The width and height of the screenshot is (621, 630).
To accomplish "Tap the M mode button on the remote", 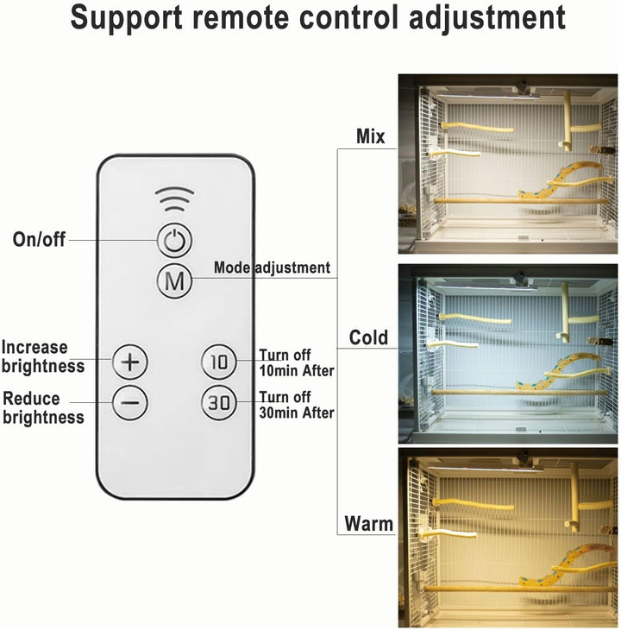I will click(175, 280).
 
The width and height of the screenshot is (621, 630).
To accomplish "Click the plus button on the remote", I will click(130, 361).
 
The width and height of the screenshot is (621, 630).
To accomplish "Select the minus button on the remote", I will click(130, 401).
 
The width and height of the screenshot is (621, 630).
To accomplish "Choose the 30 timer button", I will click(219, 401).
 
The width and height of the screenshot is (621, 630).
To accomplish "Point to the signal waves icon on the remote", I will click(175, 201).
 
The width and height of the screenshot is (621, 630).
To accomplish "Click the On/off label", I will click(39, 240).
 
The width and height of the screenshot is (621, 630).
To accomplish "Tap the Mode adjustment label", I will click(272, 268).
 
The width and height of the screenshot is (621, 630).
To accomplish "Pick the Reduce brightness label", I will click(43, 407).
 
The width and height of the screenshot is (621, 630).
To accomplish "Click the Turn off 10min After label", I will click(296, 362).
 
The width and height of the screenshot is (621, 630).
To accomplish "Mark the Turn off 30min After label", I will click(296, 405).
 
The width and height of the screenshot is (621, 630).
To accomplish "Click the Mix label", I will click(372, 136).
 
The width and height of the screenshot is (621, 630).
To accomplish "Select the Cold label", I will click(368, 337).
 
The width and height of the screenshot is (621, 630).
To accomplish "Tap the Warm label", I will click(368, 523).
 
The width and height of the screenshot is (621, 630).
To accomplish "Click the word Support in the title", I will click(127, 18).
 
